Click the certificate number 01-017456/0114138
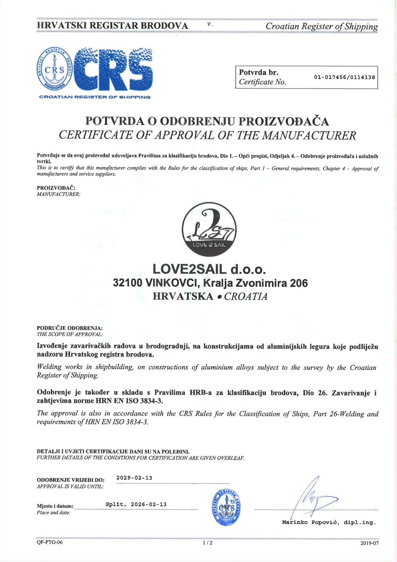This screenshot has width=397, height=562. (344, 77)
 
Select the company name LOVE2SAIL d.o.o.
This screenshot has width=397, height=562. (209, 269)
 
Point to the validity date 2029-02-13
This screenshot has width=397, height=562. (134, 478)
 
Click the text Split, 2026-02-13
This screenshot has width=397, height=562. (136, 504)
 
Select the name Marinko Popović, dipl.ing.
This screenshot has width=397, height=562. (329, 523)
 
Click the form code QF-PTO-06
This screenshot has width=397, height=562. (50, 542)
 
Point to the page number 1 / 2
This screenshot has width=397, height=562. (207, 543)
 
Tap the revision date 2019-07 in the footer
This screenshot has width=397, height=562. (369, 543)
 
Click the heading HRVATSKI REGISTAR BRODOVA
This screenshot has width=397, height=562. (112, 26)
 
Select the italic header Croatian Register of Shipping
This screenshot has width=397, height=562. (321, 26)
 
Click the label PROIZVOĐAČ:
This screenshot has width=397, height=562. (56, 188)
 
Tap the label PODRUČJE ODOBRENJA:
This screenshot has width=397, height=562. (70, 328)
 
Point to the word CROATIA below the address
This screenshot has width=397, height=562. (246, 296)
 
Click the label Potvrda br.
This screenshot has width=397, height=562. (259, 72)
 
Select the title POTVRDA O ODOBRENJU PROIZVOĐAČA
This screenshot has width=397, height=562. (207, 121)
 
